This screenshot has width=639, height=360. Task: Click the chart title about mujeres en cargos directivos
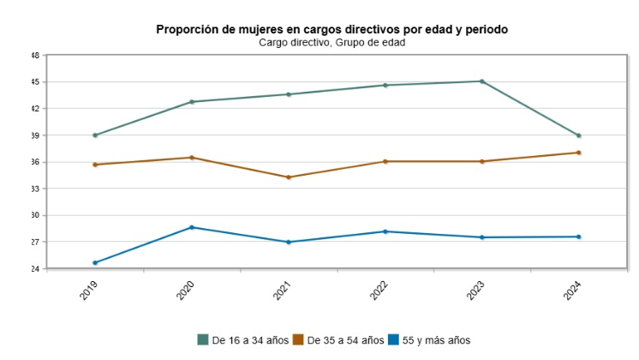pyautogui.click(x=331, y=29)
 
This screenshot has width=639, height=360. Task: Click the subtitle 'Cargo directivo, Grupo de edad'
pyautogui.click(x=331, y=42)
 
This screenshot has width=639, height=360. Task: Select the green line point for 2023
pyautogui.click(x=482, y=81)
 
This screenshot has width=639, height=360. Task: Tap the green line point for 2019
pyautogui.click(x=95, y=135)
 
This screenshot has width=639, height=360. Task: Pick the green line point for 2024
pyautogui.click(x=579, y=135)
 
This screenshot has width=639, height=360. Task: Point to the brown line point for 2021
pyautogui.click(x=289, y=177)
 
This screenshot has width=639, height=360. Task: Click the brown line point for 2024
pyautogui.click(x=579, y=153)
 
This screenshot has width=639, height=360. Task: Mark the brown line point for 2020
pyautogui.click(x=192, y=158)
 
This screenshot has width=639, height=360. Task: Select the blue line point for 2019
pyautogui.click(x=95, y=263)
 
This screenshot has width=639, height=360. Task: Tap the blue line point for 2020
pyautogui.click(x=192, y=227)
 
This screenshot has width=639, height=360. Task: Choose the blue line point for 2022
pyautogui.click(x=385, y=231)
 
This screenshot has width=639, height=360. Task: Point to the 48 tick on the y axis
pyautogui.click(x=35, y=56)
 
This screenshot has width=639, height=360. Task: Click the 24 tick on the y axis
pyautogui.click(x=35, y=269)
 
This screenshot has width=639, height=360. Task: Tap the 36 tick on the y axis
pyautogui.click(x=35, y=162)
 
